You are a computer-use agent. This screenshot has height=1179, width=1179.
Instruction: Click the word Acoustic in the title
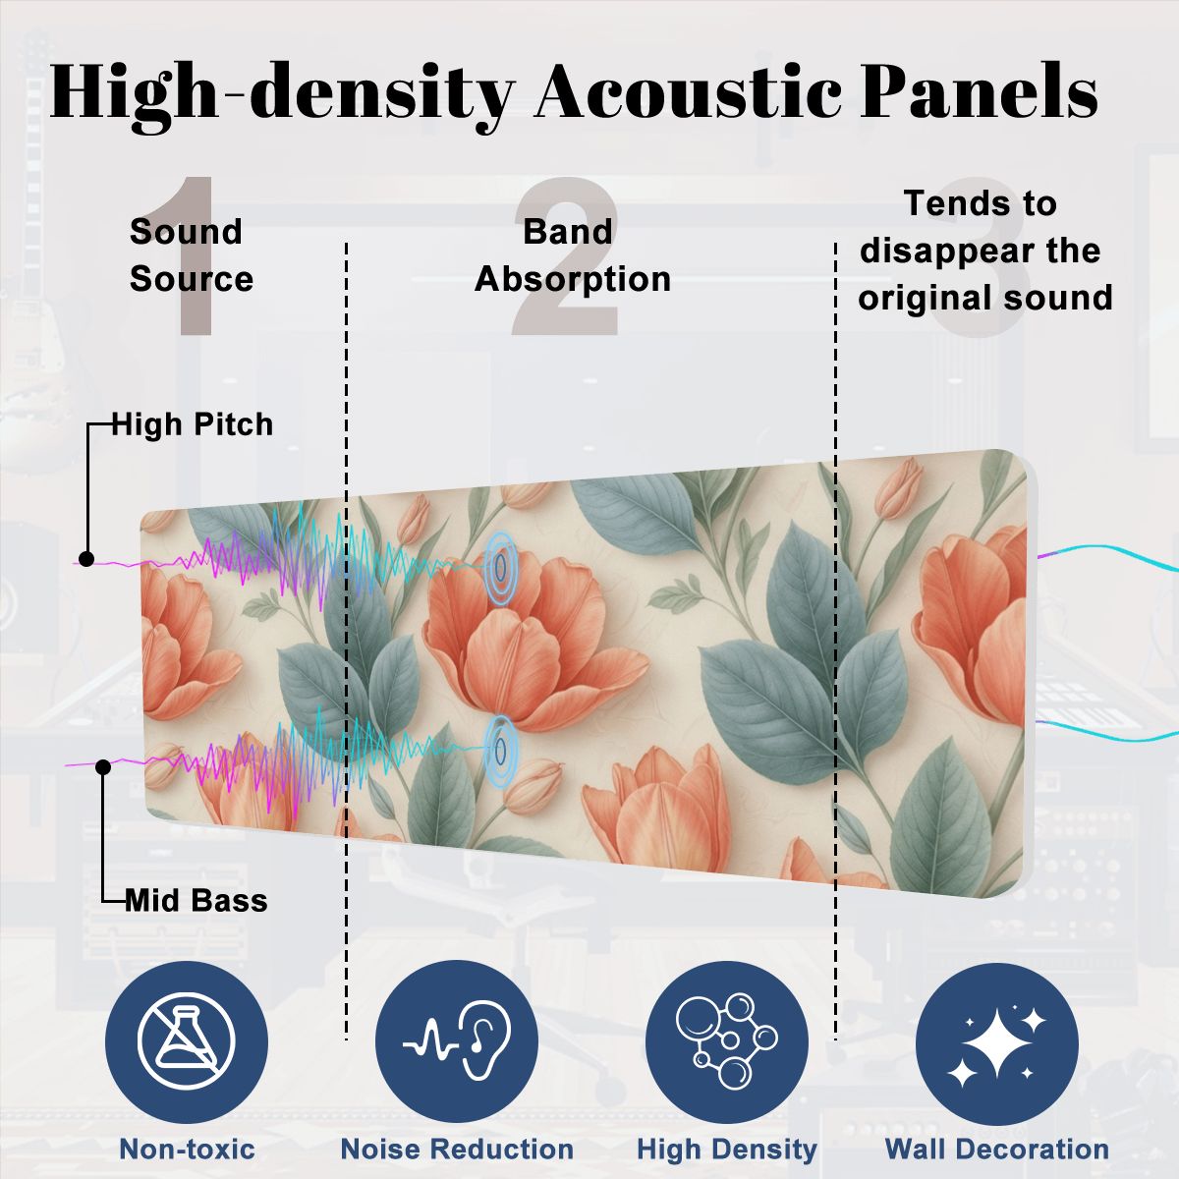tap(688, 91)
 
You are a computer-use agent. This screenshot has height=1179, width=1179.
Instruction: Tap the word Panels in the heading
tap(979, 91)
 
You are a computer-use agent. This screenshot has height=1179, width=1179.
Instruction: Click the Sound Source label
tap(192, 255)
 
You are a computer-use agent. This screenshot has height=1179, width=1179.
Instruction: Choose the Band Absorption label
tap(573, 255)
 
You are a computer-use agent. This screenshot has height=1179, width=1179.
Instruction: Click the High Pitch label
tap(193, 424)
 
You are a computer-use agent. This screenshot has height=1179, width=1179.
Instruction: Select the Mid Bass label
tap(196, 901)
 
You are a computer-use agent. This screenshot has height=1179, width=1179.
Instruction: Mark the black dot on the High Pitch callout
tap(86, 559)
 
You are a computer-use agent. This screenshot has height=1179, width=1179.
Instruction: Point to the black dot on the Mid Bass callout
tap(103, 766)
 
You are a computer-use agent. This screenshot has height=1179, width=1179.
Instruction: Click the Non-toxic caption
tap(188, 1149)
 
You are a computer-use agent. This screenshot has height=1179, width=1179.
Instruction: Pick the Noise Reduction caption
tap(457, 1149)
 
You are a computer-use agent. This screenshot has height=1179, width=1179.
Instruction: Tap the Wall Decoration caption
tap(997, 1149)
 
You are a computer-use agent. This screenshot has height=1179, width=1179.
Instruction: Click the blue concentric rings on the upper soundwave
tap(501, 567)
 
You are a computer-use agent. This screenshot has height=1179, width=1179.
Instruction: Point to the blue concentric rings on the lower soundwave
tap(501, 749)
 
